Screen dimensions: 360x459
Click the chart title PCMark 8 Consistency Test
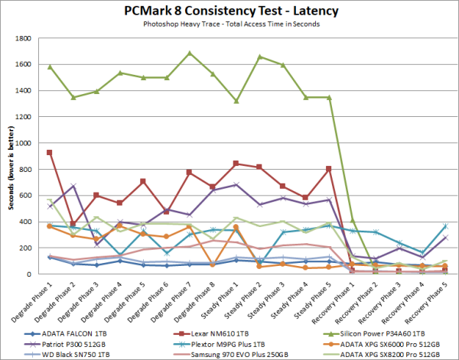point(229,11)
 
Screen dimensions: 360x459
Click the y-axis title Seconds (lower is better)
point(10,157)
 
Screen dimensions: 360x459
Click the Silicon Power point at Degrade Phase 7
point(190,54)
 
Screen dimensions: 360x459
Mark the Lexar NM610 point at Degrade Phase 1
point(50,153)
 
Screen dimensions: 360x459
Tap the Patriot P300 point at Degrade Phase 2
point(73,186)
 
